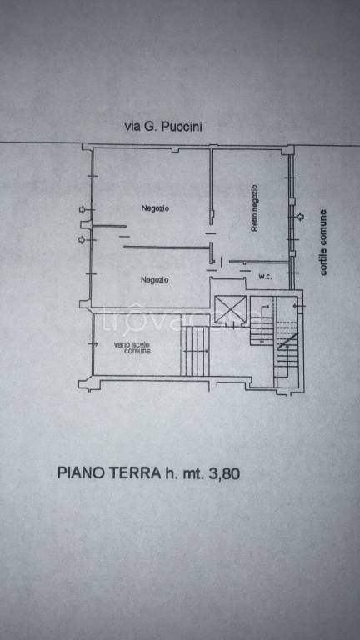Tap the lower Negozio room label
coord(155,279)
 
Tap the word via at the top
coord(131,127)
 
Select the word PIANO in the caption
coord(81,472)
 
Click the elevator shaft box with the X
coord(229,308)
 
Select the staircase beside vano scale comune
coord(196,350)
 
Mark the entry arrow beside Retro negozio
coord(300,218)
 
